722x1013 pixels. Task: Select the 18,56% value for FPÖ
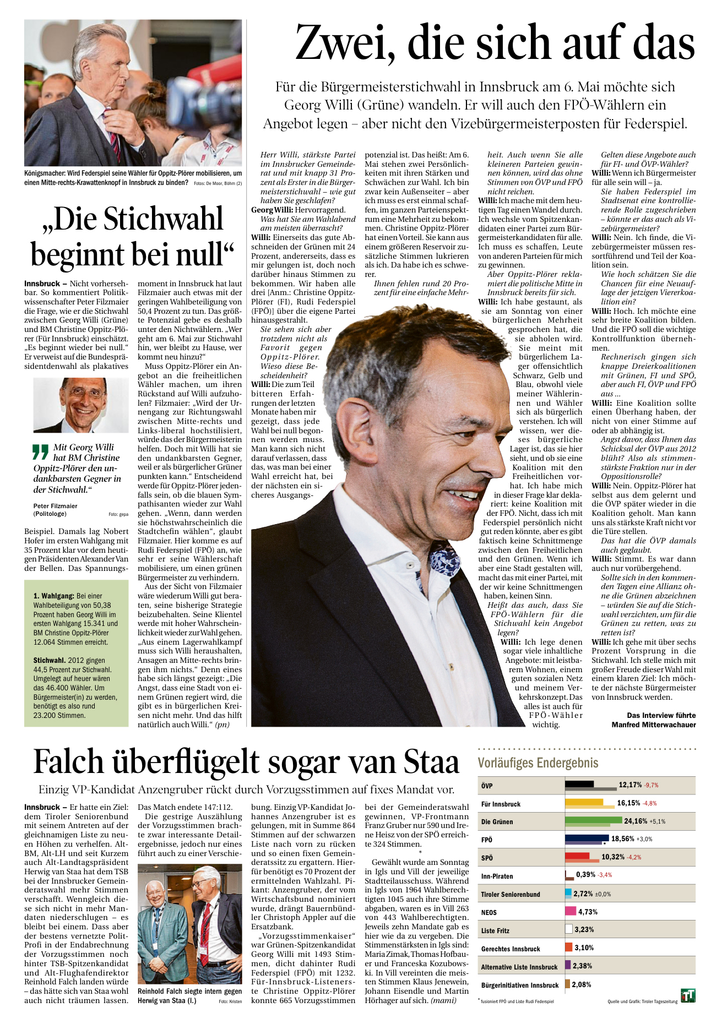(x=622, y=839)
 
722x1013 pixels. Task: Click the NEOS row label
(x=489, y=913)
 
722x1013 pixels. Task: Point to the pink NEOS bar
(x=571, y=912)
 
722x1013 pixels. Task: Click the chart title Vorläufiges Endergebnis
(x=538, y=763)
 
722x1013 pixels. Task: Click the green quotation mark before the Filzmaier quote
(x=41, y=452)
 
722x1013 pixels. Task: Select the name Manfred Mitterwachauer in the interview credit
(x=653, y=725)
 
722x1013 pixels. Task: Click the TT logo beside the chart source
(x=688, y=995)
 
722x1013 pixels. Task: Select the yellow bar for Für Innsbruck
(x=584, y=803)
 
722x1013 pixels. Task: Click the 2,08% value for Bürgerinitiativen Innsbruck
(x=582, y=984)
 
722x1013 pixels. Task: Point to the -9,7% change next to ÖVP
(x=652, y=786)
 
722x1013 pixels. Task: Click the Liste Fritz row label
(x=495, y=931)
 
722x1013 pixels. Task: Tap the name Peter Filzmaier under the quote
(x=55, y=506)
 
